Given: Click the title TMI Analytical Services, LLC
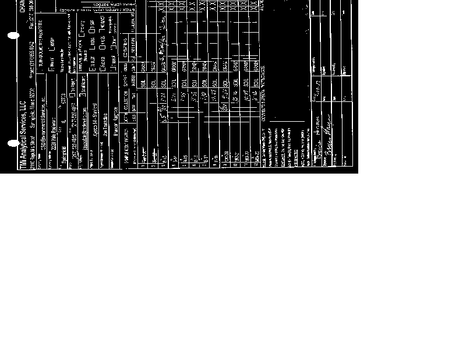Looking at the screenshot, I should (x=23, y=131).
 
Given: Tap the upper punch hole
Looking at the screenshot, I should (x=13, y=36).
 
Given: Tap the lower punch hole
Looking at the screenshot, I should (x=13, y=143).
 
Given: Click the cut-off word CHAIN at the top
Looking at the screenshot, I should (x=22, y=6).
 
